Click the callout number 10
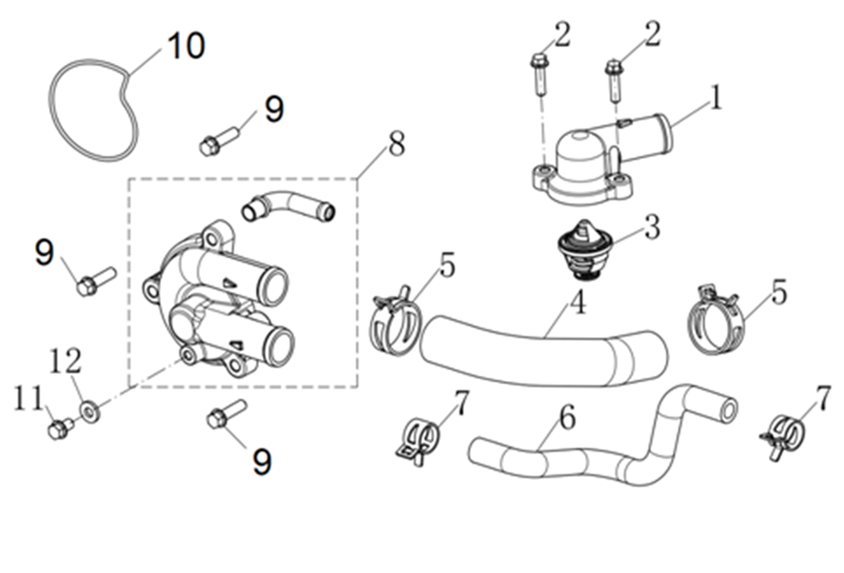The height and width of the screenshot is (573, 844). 186,45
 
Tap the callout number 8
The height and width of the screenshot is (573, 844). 396,144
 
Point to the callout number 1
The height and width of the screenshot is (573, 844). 716,97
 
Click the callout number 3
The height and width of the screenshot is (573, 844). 651,228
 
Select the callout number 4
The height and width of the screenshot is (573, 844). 578,302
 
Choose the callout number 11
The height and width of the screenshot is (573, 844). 27,398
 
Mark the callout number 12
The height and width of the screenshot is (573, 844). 67,362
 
